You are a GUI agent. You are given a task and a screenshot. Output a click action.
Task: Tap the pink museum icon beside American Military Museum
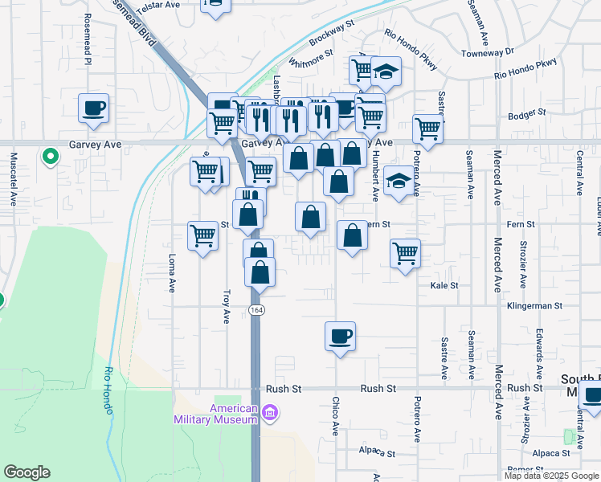point(271,414)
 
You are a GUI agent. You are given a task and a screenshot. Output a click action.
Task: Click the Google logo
point(27,472)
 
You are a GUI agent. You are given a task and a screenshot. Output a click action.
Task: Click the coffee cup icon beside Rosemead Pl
point(93,108)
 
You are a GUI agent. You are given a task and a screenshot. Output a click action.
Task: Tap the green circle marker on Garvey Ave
point(50,156)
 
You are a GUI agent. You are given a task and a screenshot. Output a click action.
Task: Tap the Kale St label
point(444,285)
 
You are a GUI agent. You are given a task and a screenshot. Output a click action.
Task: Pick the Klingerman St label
point(535,306)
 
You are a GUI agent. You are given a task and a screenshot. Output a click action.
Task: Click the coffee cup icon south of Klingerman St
point(340,336)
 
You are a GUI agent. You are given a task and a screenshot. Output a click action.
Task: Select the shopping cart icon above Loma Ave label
point(202,236)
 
